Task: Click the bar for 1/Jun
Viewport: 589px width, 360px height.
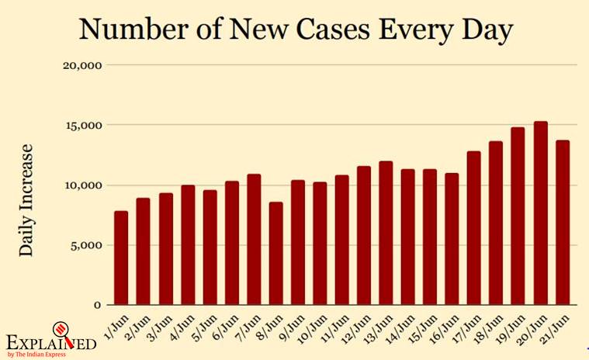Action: click(121, 258)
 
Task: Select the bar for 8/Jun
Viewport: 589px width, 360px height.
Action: click(275, 253)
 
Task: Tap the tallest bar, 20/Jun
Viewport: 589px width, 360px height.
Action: click(540, 213)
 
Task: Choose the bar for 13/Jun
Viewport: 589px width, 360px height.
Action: click(386, 233)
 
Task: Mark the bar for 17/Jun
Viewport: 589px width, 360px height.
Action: click(474, 228)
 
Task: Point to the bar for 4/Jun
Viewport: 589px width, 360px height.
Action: click(187, 245)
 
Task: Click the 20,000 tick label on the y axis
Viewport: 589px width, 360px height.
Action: click(81, 65)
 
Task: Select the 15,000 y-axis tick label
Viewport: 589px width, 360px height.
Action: click(81, 125)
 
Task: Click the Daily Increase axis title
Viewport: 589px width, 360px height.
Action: click(27, 199)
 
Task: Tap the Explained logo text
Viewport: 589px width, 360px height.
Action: click(51, 342)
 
